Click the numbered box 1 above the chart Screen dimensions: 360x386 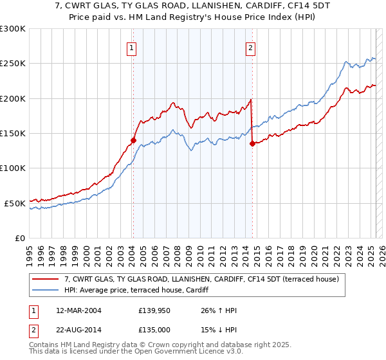131,46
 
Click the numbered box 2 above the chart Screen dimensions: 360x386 250,46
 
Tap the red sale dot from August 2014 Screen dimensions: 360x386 252,144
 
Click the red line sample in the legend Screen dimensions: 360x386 46,279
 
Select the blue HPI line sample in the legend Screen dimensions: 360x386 46,290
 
